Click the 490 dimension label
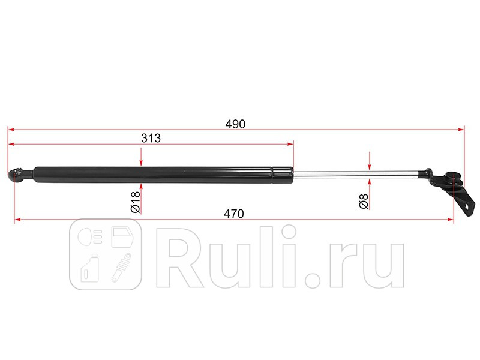click(x=235, y=124)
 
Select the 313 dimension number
click(x=151, y=139)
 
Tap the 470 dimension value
click(x=233, y=214)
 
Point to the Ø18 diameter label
click(x=135, y=202)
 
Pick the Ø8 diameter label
click(x=364, y=201)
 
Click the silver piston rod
click(x=358, y=174)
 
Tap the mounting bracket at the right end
click(x=453, y=187)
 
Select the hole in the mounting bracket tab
click(x=467, y=206)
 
